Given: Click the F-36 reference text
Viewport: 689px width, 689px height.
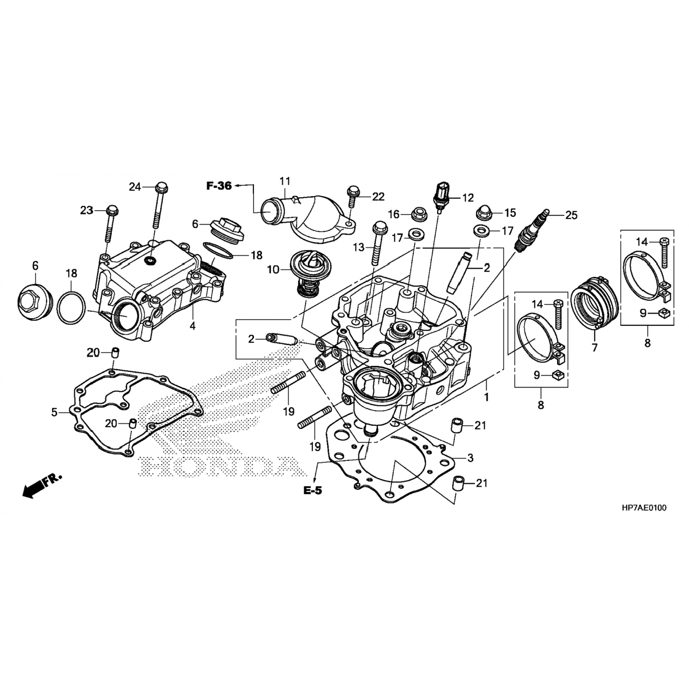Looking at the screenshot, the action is click(219, 186).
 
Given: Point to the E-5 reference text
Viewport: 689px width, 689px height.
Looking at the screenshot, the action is click(312, 491).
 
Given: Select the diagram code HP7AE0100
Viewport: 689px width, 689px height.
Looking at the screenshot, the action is click(644, 508).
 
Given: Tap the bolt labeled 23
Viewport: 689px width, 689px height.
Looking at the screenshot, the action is click(111, 225).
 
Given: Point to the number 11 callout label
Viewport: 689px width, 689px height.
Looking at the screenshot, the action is click(285, 181).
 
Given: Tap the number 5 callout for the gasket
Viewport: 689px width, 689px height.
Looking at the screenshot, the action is click(54, 412).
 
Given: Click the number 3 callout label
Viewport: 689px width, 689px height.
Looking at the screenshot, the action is click(470, 458).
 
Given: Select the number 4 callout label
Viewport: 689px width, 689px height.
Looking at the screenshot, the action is click(192, 326).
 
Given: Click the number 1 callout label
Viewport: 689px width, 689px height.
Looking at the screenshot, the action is click(486, 396).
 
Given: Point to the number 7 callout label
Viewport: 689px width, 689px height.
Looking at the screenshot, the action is click(594, 348).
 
